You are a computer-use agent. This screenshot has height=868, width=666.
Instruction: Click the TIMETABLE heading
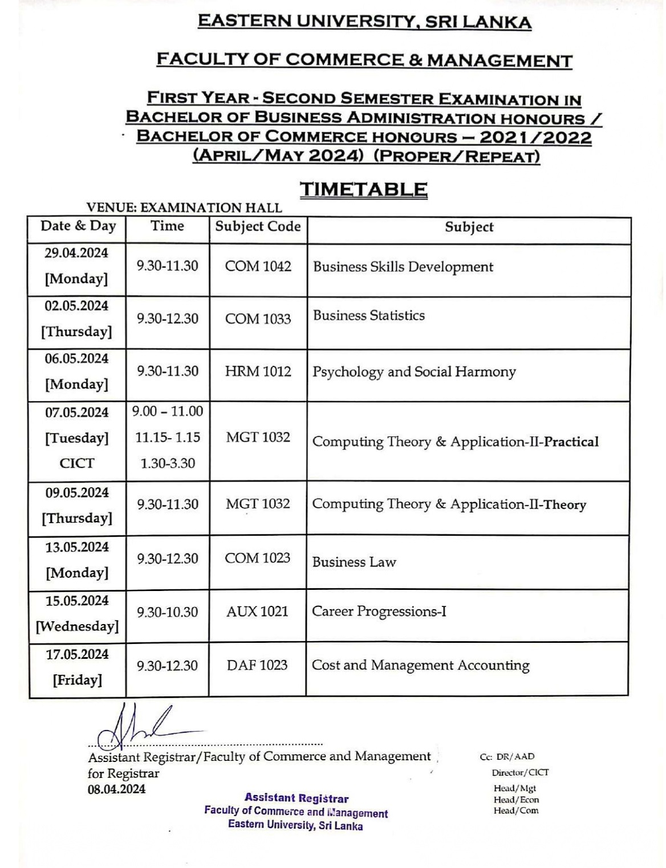pos(363,189)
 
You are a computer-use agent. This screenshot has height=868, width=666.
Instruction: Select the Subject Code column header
pos(258,226)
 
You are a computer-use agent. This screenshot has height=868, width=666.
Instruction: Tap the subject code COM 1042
pos(258,266)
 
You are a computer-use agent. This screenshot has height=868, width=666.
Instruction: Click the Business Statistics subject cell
pos(369,315)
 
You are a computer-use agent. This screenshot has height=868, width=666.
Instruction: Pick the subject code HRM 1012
pos(258,372)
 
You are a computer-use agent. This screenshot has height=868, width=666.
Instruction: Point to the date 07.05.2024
pos(76,411)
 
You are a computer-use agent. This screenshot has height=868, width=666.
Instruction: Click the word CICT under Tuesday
pos(76,463)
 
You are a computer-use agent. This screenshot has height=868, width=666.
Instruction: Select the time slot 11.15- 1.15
pos(168,437)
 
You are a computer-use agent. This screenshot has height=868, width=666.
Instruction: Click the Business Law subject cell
pos(354,562)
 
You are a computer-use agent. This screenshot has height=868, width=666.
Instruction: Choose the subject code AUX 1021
pos(257,612)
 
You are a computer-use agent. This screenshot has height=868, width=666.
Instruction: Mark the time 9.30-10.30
pos(167,612)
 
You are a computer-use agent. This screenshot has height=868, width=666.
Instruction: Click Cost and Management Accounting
pos(420,665)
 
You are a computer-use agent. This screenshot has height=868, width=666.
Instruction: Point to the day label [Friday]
pos(77,680)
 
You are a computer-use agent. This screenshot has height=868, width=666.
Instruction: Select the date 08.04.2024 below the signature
pos(116,789)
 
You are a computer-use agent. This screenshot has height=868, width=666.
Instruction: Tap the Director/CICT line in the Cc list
pos(520,772)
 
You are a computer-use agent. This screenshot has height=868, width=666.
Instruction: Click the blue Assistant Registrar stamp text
pos(297,798)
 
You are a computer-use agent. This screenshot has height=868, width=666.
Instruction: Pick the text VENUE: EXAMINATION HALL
pos(184,207)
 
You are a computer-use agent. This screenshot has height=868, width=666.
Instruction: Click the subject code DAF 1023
pos(257,665)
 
